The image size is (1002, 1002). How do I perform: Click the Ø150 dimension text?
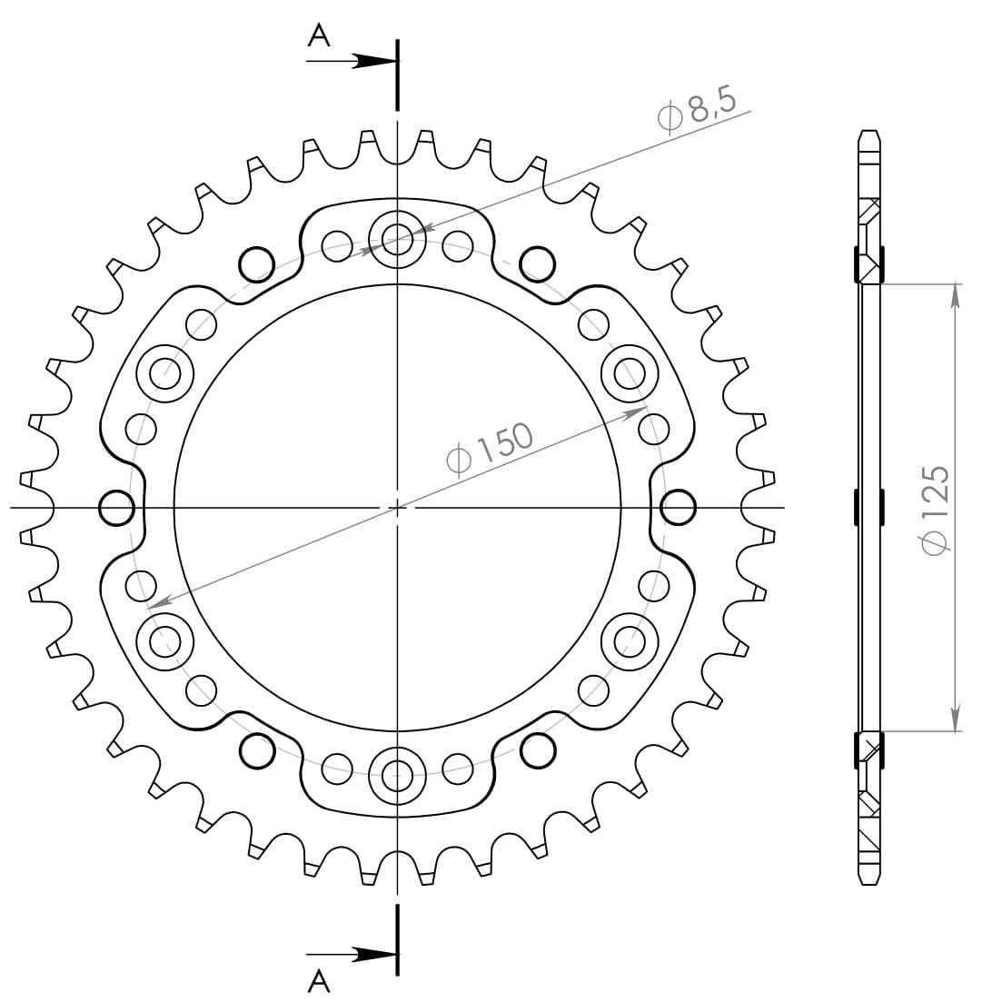tap(490, 449)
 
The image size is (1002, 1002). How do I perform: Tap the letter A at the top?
tap(319, 35)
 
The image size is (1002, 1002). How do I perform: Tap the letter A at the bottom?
tap(319, 980)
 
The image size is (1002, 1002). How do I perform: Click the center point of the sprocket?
tap(398, 508)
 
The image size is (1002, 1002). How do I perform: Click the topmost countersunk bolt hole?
tap(397, 240)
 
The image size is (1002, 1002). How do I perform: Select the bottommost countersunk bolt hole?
tap(397, 775)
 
